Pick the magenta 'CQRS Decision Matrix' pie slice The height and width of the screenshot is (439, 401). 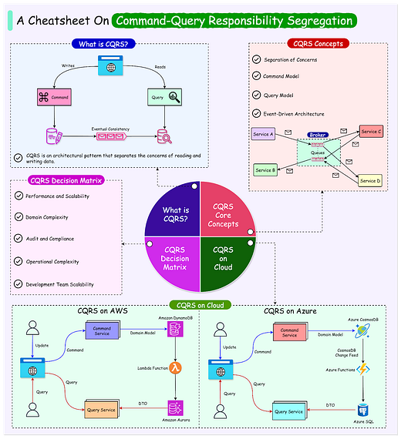175,260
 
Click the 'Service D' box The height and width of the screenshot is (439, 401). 369,180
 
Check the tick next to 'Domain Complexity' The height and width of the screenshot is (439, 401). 19,218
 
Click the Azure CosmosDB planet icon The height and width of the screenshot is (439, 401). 362,331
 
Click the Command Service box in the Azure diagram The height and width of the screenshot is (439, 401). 291,332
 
